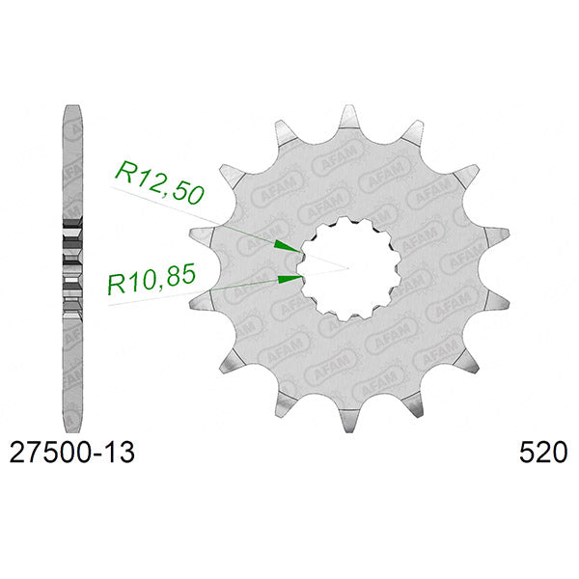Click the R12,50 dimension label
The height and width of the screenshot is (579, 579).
159,181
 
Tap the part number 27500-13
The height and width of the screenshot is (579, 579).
72,453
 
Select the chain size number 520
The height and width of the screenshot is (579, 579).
542,453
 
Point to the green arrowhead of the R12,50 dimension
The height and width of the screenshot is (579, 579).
288,247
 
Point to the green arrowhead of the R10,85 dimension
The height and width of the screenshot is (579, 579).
290,279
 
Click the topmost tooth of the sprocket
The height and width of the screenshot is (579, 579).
349,118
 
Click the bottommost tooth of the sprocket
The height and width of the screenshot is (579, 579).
349,420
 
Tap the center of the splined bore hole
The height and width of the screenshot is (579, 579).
349,269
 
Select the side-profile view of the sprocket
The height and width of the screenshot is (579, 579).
72,269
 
